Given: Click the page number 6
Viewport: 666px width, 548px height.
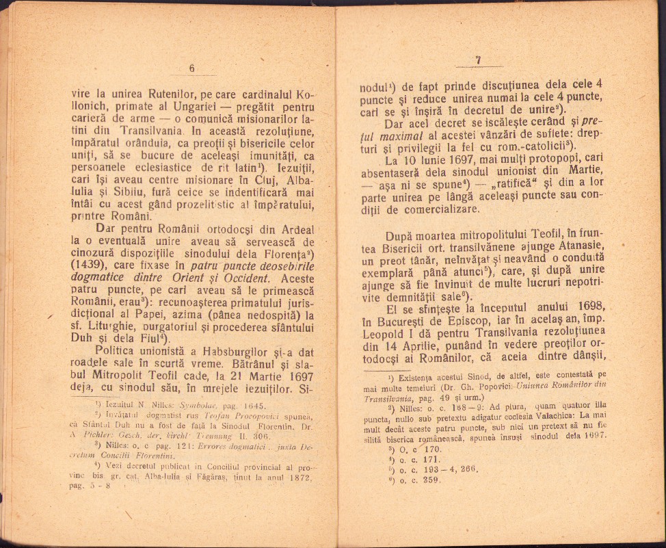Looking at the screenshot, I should click(192, 68).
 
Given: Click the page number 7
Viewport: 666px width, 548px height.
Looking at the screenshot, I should click(478, 60).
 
